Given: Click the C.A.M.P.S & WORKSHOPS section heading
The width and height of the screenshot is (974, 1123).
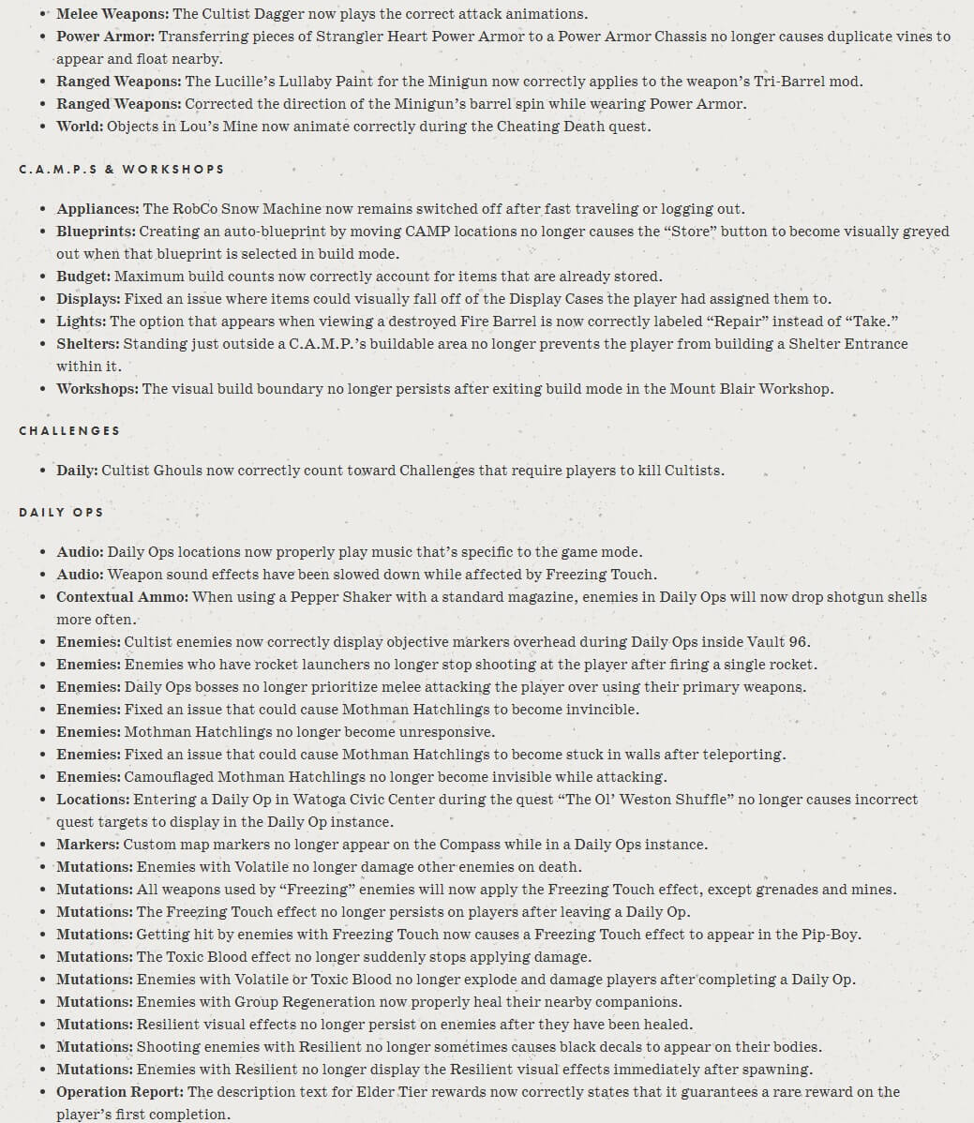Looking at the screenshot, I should click(x=122, y=170).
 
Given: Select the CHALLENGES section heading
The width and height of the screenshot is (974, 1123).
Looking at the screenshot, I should click(x=69, y=431).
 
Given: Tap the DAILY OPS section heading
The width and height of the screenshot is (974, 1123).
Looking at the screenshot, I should click(x=61, y=513).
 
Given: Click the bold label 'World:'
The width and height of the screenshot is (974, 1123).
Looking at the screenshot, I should click(x=80, y=127).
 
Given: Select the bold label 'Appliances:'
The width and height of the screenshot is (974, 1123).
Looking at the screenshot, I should click(x=97, y=209).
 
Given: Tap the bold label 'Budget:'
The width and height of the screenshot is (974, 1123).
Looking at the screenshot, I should click(x=83, y=277).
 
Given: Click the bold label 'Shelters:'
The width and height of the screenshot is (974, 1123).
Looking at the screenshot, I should click(x=88, y=344).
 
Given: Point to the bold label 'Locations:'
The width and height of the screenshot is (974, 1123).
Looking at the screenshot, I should click(x=93, y=800).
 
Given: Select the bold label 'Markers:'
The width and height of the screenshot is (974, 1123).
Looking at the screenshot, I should click(x=88, y=845).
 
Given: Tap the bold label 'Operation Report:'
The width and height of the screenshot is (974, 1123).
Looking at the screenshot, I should click(x=120, y=1092).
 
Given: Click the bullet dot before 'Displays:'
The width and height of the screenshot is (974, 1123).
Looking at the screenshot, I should click(x=44, y=299).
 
